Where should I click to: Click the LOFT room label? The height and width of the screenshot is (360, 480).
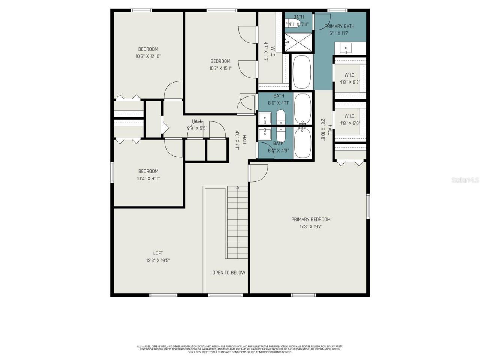coord(158,253)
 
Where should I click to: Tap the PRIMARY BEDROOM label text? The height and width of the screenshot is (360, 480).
coord(311,219)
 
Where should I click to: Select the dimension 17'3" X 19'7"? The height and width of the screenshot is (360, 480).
coord(311,226)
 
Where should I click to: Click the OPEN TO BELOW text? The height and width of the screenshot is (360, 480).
coord(229,273)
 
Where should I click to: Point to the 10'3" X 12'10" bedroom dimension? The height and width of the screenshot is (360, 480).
coord(148,56)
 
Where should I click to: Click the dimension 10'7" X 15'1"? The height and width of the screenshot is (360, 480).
coord(220,68)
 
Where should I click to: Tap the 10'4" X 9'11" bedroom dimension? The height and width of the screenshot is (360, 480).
coord(148,178)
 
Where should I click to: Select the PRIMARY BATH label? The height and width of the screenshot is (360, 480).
coord(339,26)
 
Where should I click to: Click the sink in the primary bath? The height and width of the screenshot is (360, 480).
coord(346,48)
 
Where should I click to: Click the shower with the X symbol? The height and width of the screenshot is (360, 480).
coord(298,41)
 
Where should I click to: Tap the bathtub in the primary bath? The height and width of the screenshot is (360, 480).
coord(302,72)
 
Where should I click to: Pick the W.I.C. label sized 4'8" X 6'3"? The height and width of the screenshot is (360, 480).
coord(350,78)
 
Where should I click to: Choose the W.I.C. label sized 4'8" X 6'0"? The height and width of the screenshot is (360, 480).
coord(350,120)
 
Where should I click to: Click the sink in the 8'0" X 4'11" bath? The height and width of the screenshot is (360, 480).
coord(265,118)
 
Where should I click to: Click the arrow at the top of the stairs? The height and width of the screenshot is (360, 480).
coord(238,188)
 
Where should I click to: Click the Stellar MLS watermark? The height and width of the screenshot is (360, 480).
coord(465,180)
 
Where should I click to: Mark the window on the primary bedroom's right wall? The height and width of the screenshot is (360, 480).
coord(368,206)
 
